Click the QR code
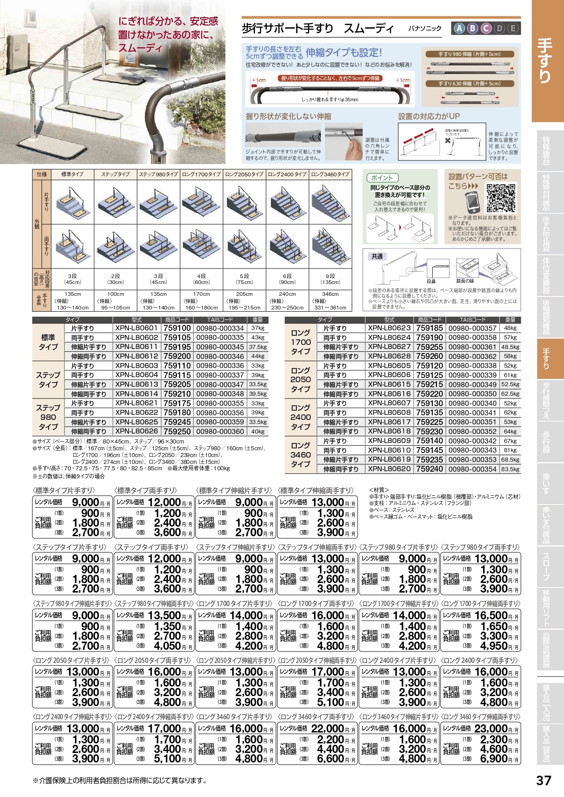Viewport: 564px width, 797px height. pos(501,198)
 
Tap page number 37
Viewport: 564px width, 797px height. pos(544,780)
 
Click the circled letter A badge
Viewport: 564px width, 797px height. pos(459,29)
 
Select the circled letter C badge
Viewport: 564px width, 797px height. pos(486,29)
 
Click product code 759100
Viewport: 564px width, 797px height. pos(177,328)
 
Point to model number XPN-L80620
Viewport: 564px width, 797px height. pos(389,469)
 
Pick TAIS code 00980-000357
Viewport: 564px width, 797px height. pos(472,328)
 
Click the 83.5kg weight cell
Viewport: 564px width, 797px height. pos(510,469)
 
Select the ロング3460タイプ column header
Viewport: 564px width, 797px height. pos(330,174)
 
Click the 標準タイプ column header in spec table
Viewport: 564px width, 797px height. pos(72,174)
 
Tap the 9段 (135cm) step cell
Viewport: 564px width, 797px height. pos(330,279)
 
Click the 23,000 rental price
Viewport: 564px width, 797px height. pos(491,728)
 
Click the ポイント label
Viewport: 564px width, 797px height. pos(382,178)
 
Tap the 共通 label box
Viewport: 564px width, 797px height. pos(377,256)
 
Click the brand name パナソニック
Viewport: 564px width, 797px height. pos(424,28)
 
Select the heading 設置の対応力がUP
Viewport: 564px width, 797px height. pos(429,116)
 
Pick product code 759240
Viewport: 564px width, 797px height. pos(429,469)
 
